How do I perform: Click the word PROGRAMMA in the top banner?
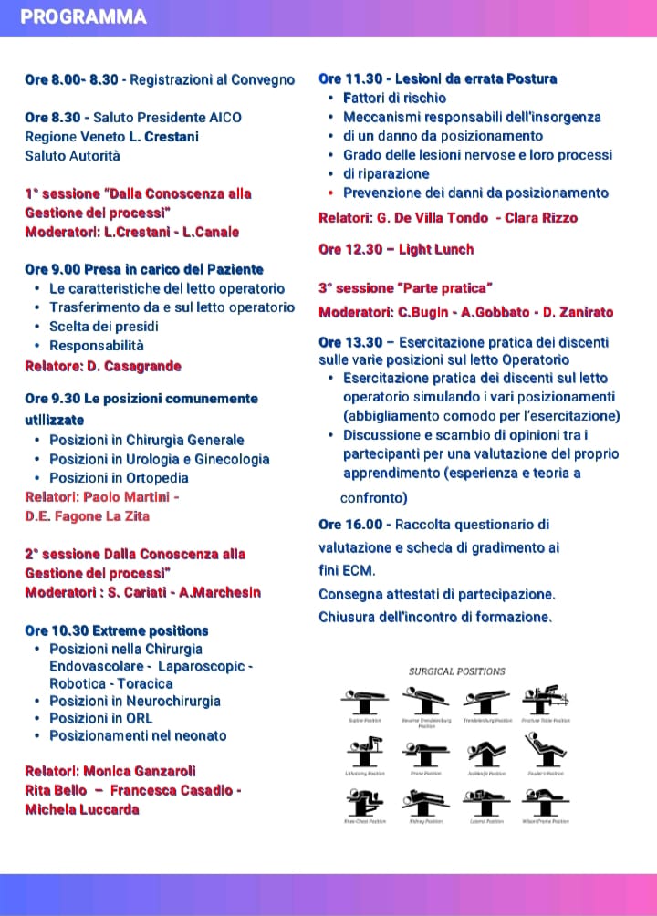(83, 17)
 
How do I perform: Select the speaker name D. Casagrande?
(135, 366)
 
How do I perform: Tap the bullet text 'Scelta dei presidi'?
(104, 327)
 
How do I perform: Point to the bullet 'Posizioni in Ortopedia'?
(119, 478)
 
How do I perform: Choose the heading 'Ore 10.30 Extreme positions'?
(117, 630)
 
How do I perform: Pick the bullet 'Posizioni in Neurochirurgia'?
(135, 701)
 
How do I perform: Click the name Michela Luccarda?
(82, 809)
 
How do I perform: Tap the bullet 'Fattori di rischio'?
(394, 98)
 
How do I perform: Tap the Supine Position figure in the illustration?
(364, 703)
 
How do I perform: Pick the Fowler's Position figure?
(546, 755)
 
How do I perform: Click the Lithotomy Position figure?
(364, 755)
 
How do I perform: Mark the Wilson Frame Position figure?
(546, 804)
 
